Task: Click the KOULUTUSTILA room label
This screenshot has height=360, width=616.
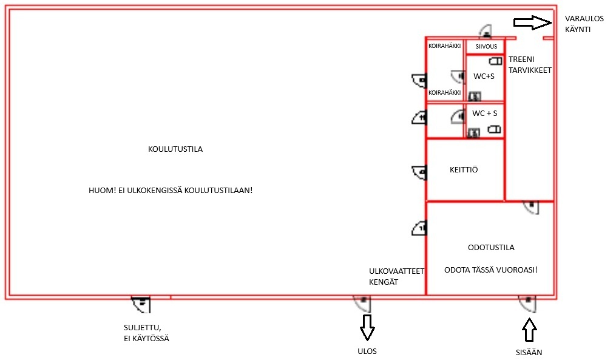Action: tap(175, 149)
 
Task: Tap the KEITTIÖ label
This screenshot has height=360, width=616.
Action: tap(464, 170)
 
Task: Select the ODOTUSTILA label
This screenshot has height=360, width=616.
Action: tap(491, 248)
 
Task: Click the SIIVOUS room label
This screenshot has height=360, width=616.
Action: tap(486, 47)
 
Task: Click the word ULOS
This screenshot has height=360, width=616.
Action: tap(367, 352)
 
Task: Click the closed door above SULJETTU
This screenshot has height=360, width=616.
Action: tap(141, 302)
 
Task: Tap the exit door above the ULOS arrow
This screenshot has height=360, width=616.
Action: tap(362, 302)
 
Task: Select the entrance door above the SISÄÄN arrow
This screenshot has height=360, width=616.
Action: tap(527, 302)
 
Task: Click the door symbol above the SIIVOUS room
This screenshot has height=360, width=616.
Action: tap(486, 32)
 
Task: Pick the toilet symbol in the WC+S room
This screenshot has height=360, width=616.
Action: tap(496, 61)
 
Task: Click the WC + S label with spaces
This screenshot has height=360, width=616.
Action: tap(485, 114)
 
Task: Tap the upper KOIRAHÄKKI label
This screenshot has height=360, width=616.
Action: tap(445, 46)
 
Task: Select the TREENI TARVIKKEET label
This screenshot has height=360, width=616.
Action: tap(530, 65)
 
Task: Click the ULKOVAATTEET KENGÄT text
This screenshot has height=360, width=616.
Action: tap(396, 277)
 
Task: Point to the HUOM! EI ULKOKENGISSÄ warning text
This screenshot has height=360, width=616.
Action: tap(171, 190)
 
